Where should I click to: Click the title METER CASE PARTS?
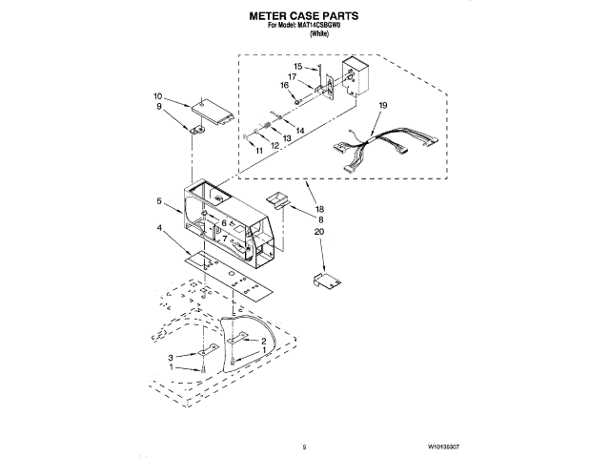304,16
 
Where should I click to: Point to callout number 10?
158,96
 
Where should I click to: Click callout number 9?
160,108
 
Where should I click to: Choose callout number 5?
160,202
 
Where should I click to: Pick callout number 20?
319,232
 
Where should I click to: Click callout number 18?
319,208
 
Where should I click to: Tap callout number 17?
293,76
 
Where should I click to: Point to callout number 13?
287,137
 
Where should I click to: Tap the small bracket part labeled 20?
327,280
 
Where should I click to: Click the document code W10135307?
444,447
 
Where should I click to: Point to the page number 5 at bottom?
303,447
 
